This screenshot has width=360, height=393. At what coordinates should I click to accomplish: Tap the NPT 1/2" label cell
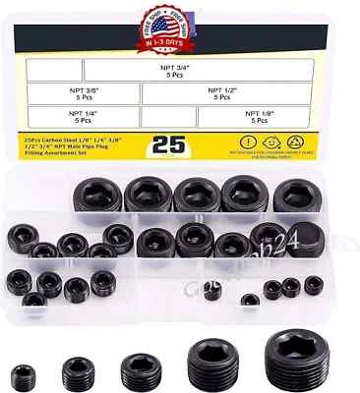pos(221,95)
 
